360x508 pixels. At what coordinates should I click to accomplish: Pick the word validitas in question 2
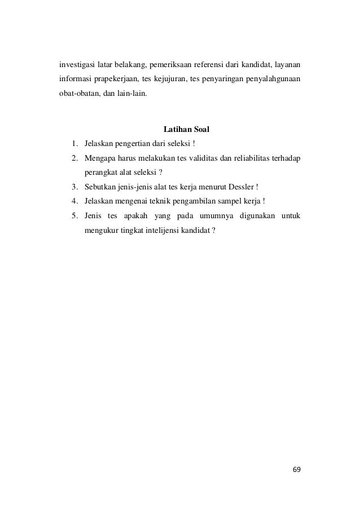coord(201,160)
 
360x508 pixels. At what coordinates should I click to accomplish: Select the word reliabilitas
coord(249,160)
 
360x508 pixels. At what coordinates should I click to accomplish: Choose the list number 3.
coord(74,187)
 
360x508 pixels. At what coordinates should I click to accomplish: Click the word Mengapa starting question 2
coord(100,160)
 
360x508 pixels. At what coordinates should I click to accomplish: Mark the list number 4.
coord(74,201)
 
